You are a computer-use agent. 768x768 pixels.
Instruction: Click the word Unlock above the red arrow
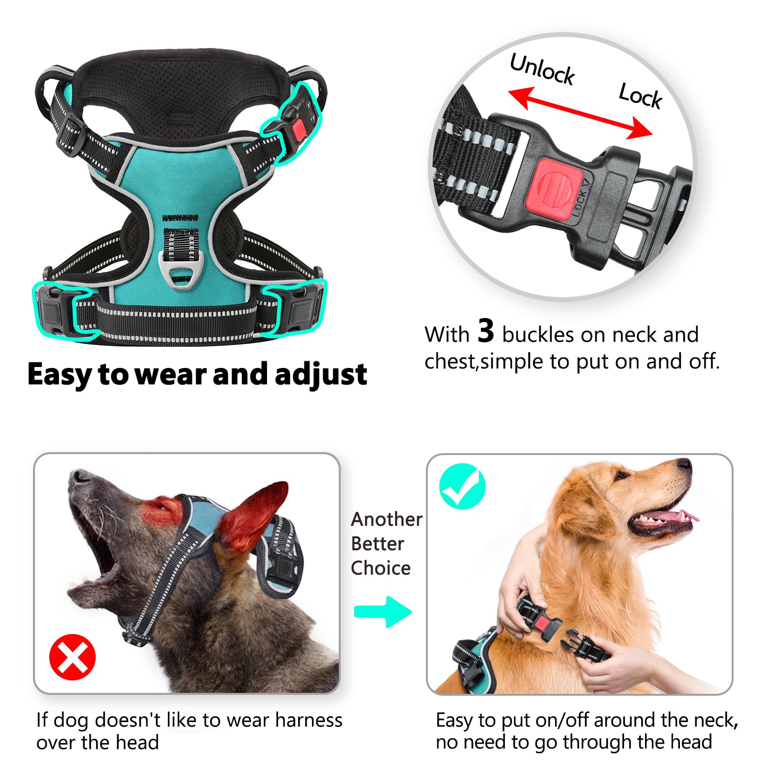542,69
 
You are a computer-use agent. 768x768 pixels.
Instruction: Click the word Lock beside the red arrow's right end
640,96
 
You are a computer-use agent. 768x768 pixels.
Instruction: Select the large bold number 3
485,331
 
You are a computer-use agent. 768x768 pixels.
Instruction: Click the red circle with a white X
73,657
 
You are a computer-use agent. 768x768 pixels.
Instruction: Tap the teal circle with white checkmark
462,486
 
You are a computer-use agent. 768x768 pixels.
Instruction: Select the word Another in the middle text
387,519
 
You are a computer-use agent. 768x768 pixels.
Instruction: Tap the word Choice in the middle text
380,568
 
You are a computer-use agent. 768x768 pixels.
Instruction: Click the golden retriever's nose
685,464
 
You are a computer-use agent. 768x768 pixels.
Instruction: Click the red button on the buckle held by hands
543,622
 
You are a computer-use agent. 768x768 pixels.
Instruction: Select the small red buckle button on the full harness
299,130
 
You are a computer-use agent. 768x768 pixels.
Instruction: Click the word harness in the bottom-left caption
309,720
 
